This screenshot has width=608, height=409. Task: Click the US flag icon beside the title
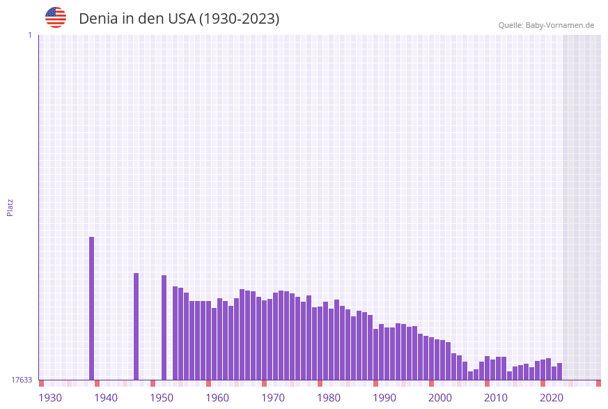click(56, 17)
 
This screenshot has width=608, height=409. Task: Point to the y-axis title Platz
click(10, 207)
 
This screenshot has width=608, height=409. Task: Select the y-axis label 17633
click(22, 380)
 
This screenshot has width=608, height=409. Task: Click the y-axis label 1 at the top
click(29, 35)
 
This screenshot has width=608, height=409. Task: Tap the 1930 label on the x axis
click(50, 398)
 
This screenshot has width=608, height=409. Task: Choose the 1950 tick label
click(162, 398)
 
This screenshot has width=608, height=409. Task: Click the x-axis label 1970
click(273, 398)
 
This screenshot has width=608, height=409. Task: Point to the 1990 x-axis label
click(384, 398)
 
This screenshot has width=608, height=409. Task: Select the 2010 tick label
click(496, 398)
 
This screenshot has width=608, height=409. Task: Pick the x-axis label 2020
click(552, 398)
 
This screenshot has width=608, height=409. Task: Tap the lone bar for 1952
click(164, 327)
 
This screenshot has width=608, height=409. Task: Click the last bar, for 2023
click(559, 371)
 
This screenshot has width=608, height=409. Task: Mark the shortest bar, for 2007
click(471, 376)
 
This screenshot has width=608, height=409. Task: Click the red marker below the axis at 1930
click(42, 383)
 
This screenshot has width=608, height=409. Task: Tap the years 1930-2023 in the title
click(239, 19)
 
